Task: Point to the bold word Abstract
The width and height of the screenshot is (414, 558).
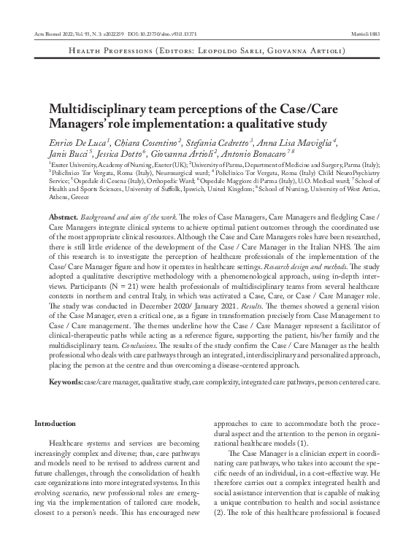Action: click(63, 219)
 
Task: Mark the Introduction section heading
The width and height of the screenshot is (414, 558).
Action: click(55, 423)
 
